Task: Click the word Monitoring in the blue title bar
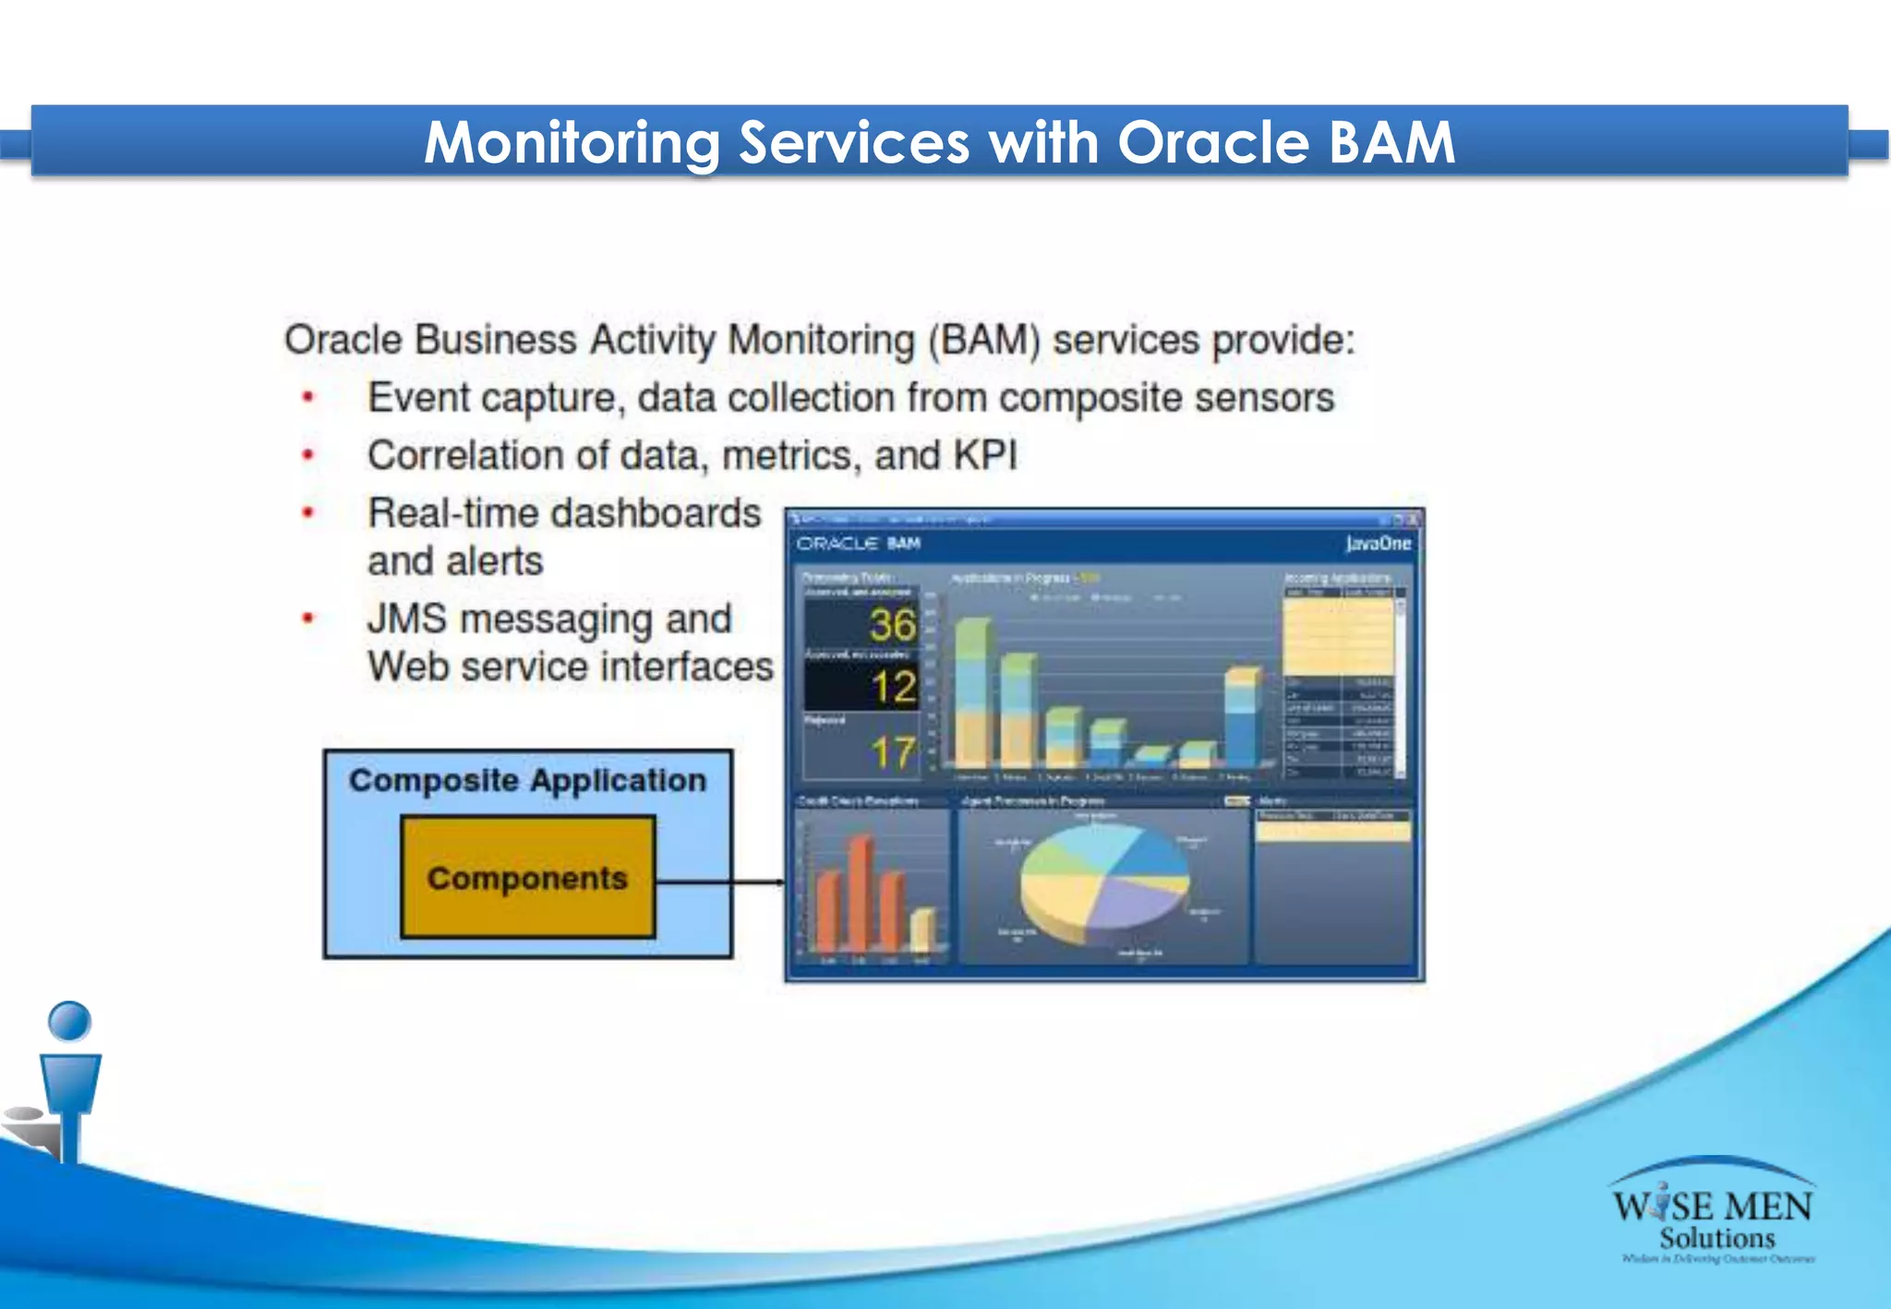[x=572, y=143]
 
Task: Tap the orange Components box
[x=527, y=877]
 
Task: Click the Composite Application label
[x=527, y=781]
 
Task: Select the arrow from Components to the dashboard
[x=720, y=883]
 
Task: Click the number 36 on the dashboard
[x=892, y=626]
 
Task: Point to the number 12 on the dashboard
[x=893, y=688]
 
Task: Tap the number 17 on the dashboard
[x=892, y=753]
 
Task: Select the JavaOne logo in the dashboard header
[x=1378, y=544]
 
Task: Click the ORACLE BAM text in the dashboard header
[x=858, y=544]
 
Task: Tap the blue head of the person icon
[x=69, y=1022]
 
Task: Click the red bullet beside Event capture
[x=308, y=399]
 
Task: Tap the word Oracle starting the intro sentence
[x=343, y=340]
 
